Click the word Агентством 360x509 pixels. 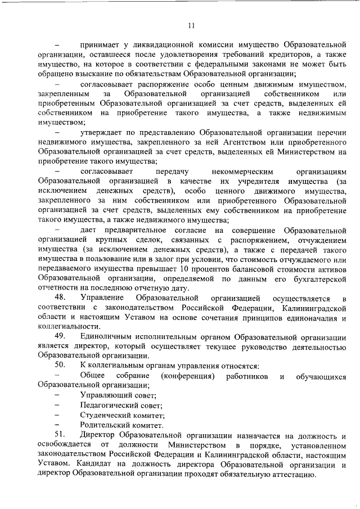click(238, 142)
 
